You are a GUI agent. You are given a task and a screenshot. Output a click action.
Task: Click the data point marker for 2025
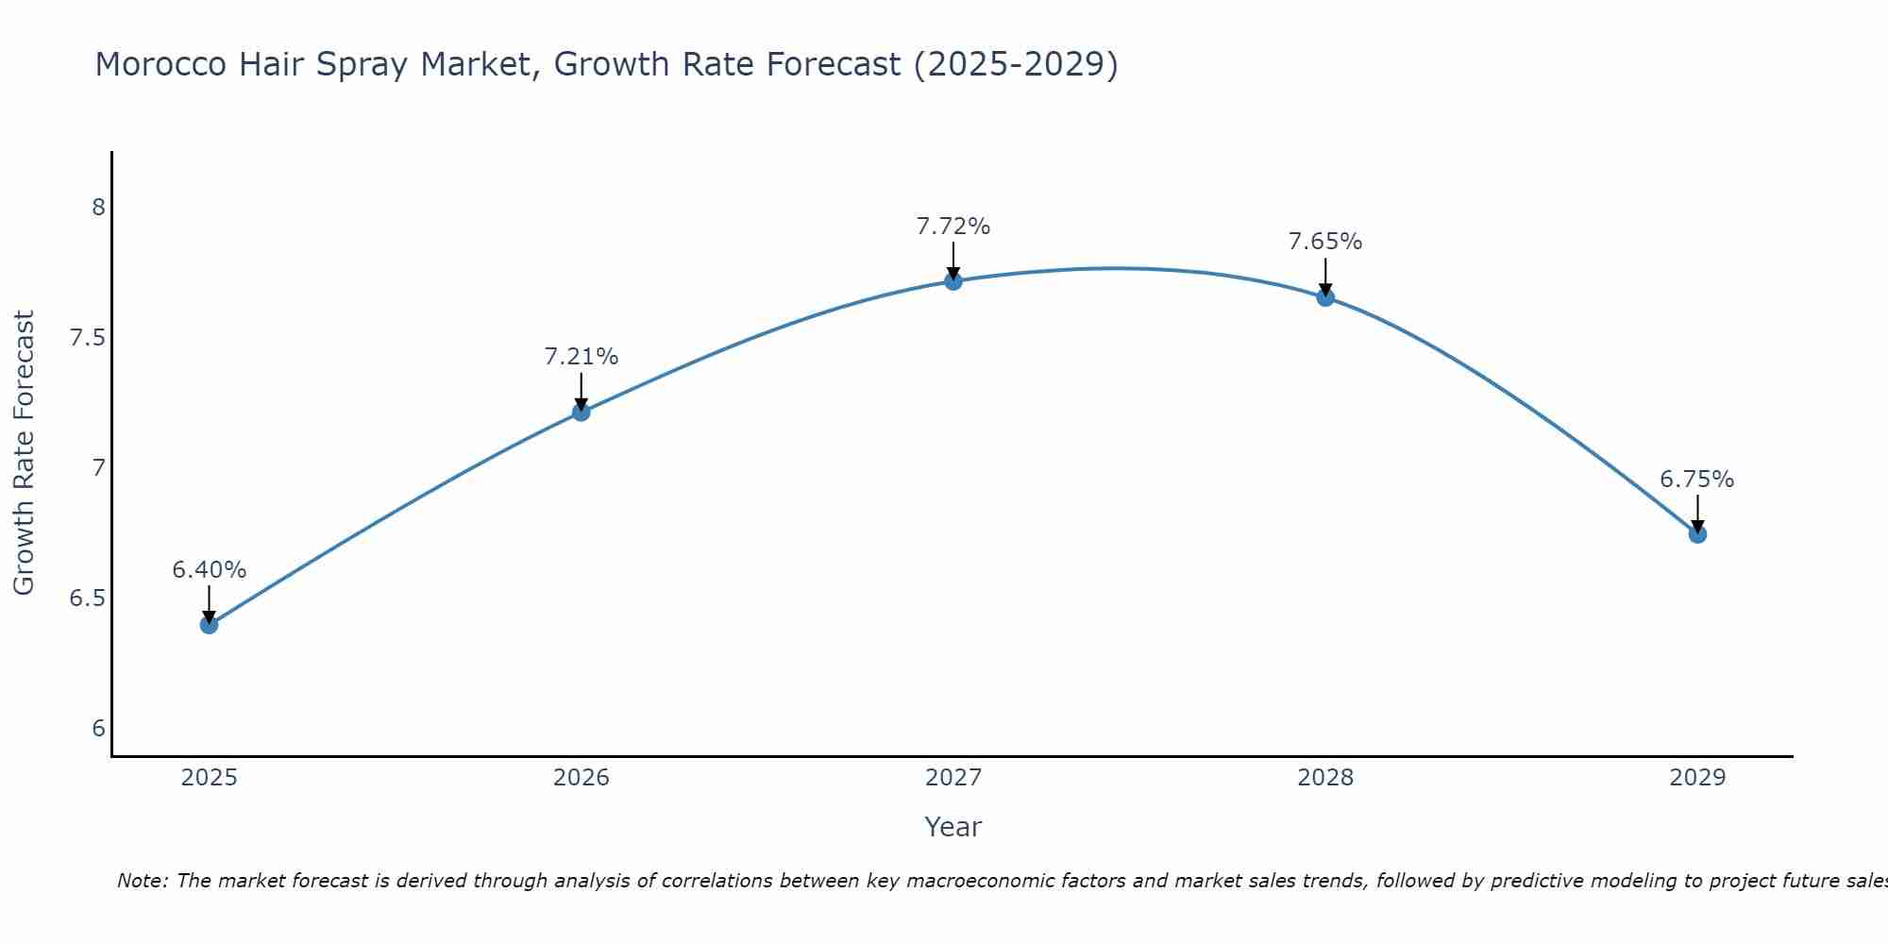point(209,624)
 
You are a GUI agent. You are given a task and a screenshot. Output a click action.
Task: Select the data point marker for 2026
point(581,412)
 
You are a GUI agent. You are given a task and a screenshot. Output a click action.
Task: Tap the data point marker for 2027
point(952,280)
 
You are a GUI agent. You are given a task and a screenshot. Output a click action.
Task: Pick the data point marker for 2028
point(1325,297)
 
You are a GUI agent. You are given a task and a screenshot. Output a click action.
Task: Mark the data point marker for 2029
point(1697,534)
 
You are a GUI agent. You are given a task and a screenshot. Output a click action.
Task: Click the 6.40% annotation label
point(209,570)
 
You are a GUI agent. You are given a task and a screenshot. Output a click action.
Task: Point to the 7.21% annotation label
point(581,357)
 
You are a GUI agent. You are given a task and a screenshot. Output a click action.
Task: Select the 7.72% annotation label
point(952,227)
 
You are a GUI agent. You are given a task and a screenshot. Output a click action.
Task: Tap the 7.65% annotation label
point(1325,242)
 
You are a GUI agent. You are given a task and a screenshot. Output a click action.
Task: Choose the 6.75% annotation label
point(1696,480)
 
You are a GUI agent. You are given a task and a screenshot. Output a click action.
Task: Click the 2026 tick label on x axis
point(581,778)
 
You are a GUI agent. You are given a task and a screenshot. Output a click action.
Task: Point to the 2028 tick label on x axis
point(1325,778)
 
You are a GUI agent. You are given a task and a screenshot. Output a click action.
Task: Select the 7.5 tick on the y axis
point(87,338)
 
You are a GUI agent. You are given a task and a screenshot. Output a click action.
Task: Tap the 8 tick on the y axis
point(98,208)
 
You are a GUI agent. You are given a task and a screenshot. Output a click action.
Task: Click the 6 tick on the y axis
point(98,729)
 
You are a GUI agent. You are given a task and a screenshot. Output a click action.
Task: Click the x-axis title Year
point(952,827)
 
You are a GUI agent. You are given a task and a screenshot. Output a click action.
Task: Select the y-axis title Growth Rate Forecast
point(24,453)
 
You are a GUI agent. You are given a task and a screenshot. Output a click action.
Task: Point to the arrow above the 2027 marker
point(952,260)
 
